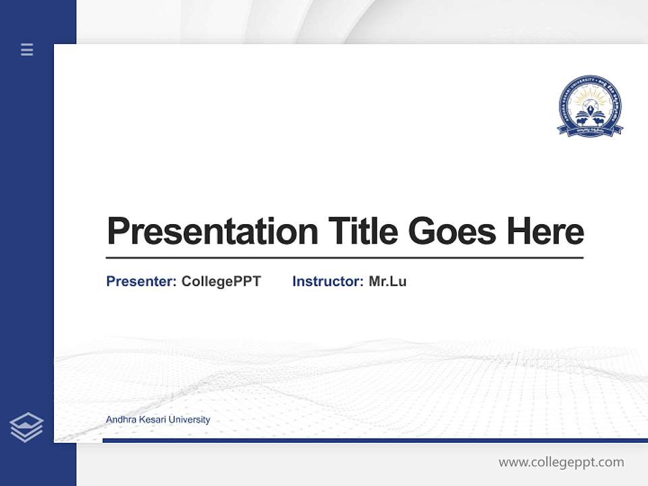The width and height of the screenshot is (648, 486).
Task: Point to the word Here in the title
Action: tap(545, 232)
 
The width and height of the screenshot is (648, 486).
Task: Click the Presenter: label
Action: tap(141, 281)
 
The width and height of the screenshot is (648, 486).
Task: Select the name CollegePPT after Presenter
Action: tap(221, 281)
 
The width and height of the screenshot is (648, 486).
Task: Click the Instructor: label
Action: tap(327, 281)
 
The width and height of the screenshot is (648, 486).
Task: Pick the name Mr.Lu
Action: tap(387, 281)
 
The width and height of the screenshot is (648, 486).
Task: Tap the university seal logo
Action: tap(590, 106)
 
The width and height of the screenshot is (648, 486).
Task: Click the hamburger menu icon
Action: tap(27, 49)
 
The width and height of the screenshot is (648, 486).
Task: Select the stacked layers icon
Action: tap(26, 427)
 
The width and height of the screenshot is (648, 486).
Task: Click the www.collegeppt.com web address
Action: tap(561, 462)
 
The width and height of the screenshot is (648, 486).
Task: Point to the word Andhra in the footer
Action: tap(120, 420)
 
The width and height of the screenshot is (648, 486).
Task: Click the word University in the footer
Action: tap(189, 420)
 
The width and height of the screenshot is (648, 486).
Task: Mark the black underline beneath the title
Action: tap(344, 258)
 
